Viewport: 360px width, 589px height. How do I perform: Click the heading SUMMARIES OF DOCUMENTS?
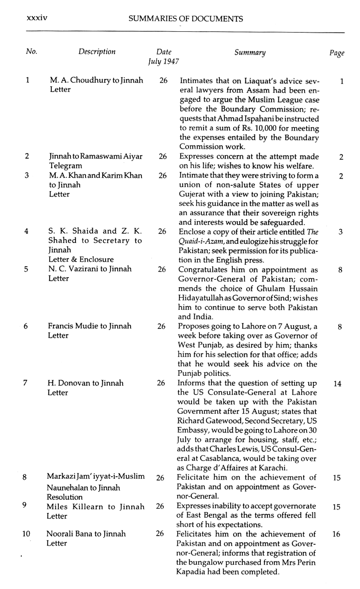coord(186,19)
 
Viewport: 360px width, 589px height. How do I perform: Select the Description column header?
coord(97,52)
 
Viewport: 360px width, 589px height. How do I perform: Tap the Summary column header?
coord(250,52)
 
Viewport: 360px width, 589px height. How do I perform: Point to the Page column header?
coord(337,53)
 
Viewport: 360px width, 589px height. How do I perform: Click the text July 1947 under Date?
coord(163,61)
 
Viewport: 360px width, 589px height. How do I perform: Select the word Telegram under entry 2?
coord(66,166)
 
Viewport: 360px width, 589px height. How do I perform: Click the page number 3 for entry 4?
coord(340,232)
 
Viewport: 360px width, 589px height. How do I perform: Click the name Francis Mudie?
coord(72,326)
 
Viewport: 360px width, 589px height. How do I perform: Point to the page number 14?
coord(337,384)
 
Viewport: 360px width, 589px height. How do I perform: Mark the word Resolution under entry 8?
coord(64,497)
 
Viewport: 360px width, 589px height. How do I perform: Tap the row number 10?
coord(26,534)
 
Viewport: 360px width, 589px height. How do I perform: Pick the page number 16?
coord(336,534)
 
